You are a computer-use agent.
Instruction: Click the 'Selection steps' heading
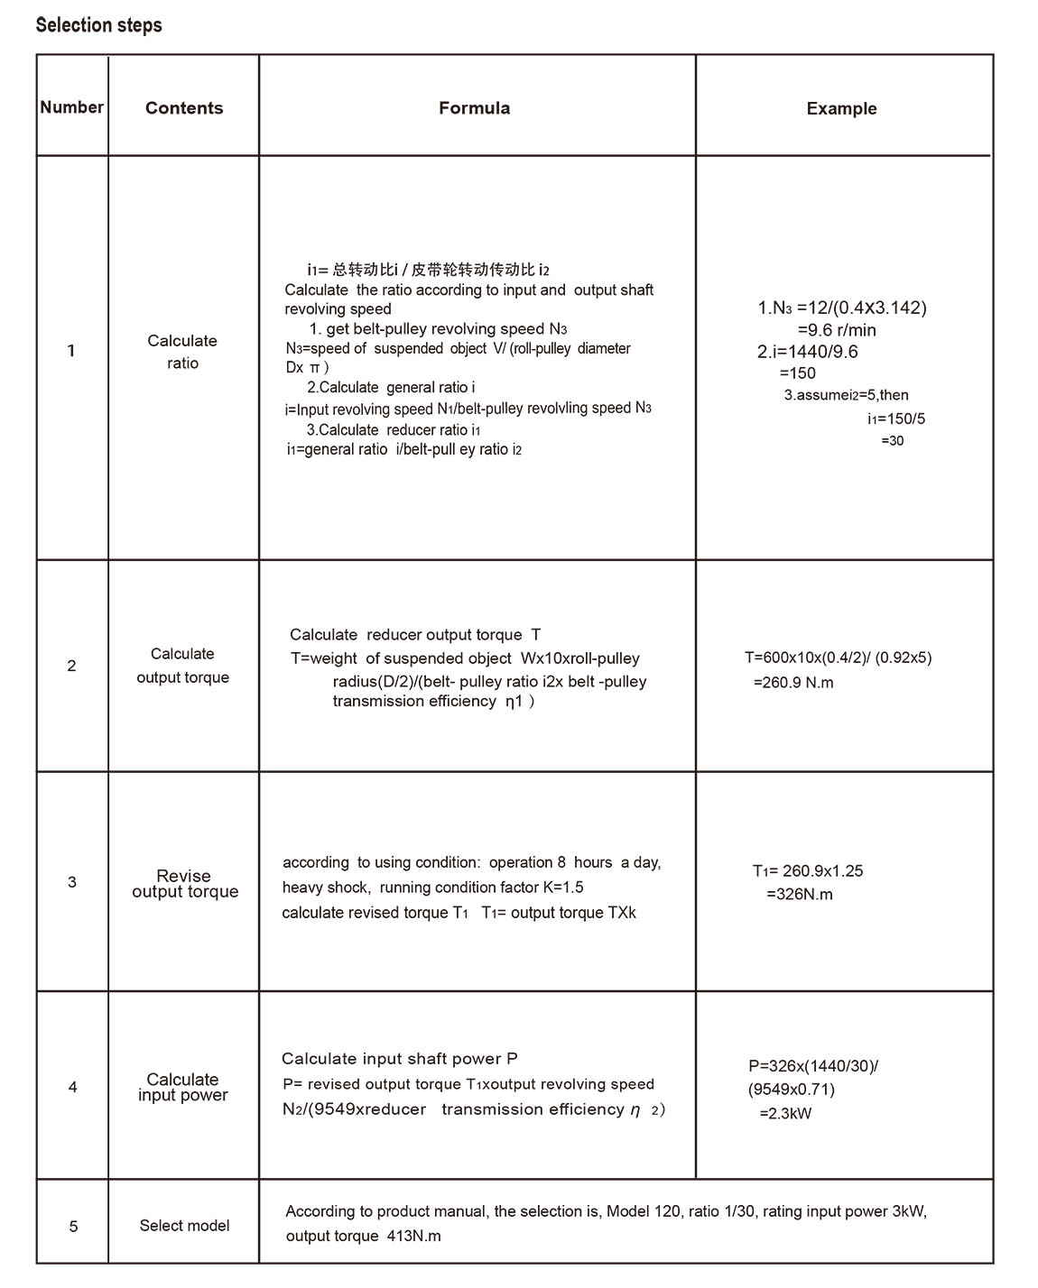click(x=98, y=25)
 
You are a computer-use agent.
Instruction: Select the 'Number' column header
click(x=71, y=107)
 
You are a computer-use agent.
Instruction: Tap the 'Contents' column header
click(x=184, y=108)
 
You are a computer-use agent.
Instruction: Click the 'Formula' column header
click(x=474, y=108)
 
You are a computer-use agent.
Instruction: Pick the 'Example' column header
click(x=841, y=109)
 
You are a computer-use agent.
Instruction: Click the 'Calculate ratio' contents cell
click(x=182, y=352)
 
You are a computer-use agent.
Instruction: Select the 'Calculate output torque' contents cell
click(x=182, y=666)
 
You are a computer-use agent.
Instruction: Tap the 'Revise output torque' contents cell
click(x=185, y=884)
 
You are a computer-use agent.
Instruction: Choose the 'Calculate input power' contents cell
click(x=182, y=1087)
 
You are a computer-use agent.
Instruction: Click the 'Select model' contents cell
click(x=184, y=1226)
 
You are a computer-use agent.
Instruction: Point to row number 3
click(x=72, y=882)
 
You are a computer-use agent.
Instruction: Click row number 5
click(x=73, y=1227)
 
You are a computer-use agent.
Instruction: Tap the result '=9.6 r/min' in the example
click(x=836, y=330)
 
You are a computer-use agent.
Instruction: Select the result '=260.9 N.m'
click(x=793, y=683)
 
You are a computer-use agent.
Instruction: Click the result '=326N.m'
click(x=799, y=895)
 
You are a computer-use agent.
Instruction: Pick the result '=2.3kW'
click(x=784, y=1114)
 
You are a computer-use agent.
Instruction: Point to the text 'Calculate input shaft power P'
click(x=399, y=1059)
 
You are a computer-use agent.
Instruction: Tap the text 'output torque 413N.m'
click(x=363, y=1236)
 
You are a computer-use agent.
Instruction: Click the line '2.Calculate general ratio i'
click(x=391, y=388)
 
